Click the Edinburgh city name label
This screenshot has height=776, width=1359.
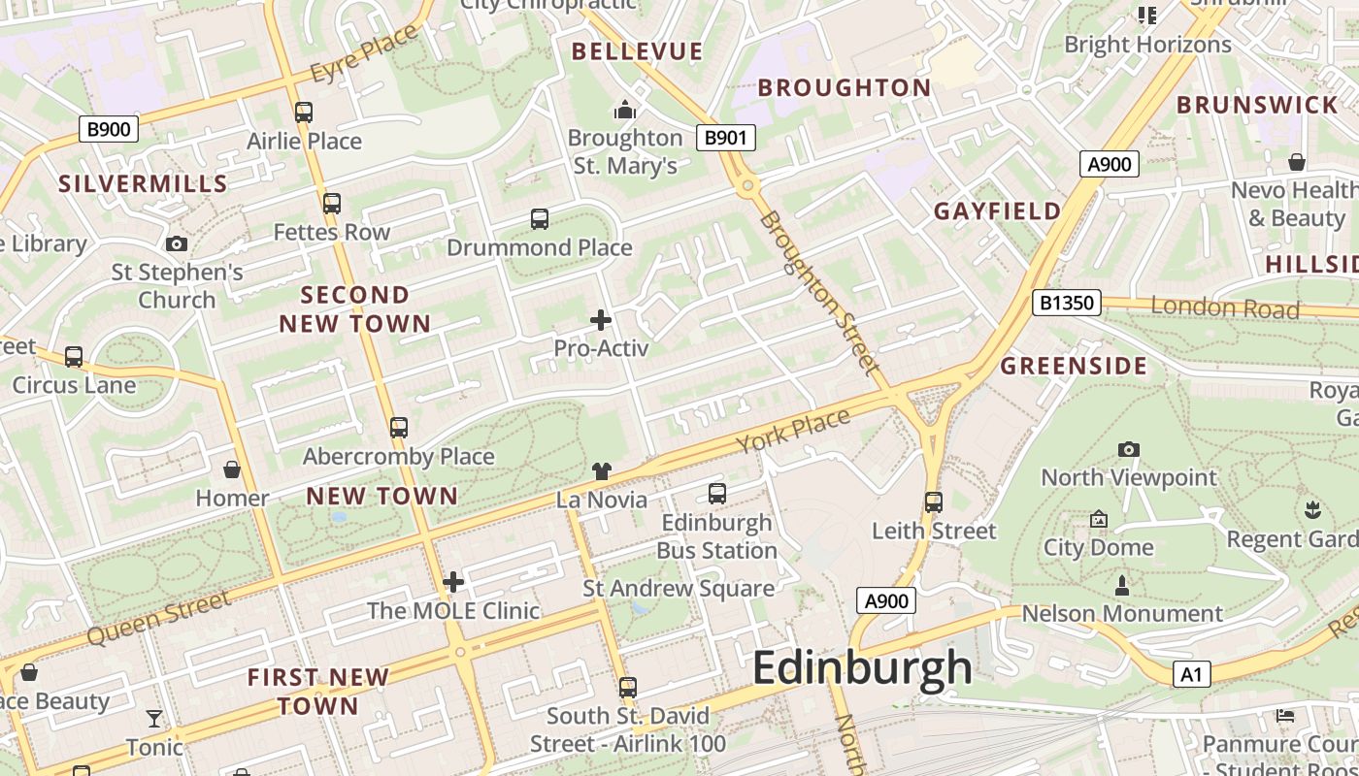click(x=861, y=667)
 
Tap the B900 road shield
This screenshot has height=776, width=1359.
click(x=108, y=129)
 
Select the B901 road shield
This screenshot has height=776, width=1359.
click(x=725, y=138)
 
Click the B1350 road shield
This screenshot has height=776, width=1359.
click(x=1066, y=303)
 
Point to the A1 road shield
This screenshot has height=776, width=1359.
click(x=1191, y=674)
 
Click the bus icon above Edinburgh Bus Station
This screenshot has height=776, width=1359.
click(x=717, y=494)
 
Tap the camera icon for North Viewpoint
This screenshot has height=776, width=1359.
click(x=1128, y=449)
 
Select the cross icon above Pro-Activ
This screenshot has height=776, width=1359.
click(x=601, y=319)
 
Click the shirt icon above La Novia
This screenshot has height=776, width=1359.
click(x=602, y=471)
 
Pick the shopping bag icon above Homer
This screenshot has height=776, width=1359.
click(x=232, y=470)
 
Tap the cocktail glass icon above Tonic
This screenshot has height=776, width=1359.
click(x=154, y=719)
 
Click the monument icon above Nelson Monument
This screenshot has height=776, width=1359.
click(x=1122, y=585)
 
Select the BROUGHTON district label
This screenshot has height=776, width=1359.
click(x=844, y=87)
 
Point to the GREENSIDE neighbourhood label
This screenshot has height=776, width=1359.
click(x=1074, y=366)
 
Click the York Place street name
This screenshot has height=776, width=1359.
click(x=793, y=431)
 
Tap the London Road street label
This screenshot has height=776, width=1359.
click(x=1224, y=308)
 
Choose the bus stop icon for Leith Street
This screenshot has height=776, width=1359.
click(x=934, y=502)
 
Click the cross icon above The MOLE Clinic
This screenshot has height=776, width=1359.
click(x=453, y=582)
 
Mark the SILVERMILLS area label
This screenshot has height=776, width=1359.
click(x=143, y=183)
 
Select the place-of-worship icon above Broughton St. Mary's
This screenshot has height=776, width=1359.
click(x=625, y=110)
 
